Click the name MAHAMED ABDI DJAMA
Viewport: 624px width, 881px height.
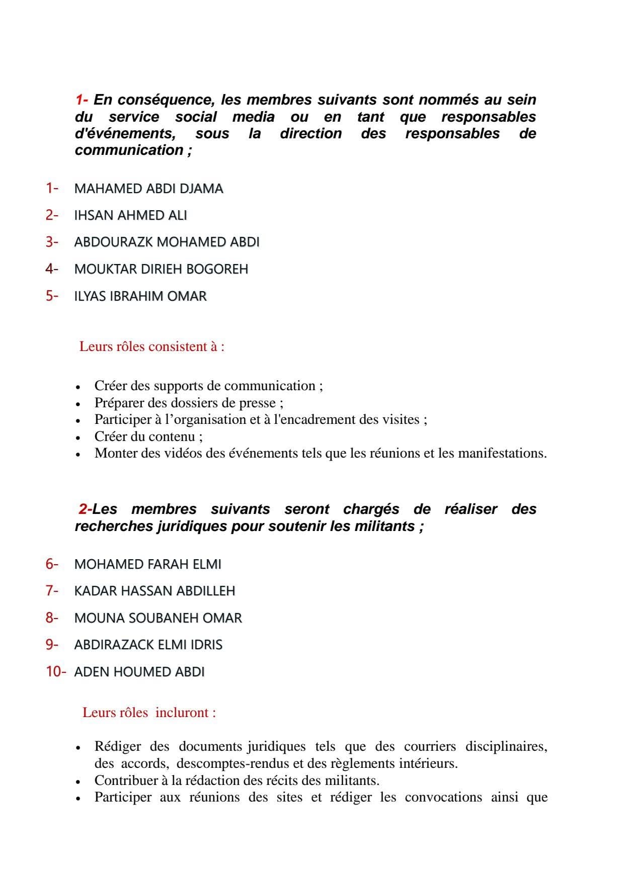pyautogui.click(x=148, y=189)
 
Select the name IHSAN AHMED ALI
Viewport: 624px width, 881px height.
pyautogui.click(x=130, y=215)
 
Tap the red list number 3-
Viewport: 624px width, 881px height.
pyautogui.click(x=52, y=242)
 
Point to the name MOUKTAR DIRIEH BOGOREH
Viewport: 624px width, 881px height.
pyautogui.click(x=161, y=269)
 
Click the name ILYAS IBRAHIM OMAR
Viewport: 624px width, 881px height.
pyautogui.click(x=140, y=296)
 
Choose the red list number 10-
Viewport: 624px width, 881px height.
pyautogui.click(x=55, y=671)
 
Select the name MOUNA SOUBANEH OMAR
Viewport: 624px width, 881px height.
pyautogui.click(x=158, y=618)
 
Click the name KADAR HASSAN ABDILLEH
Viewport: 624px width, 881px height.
pyautogui.click(x=154, y=591)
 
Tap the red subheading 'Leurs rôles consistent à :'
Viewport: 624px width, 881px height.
pyautogui.click(x=151, y=346)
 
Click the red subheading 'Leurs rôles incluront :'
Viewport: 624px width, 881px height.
pyautogui.click(x=149, y=713)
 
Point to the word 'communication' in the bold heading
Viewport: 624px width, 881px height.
pyautogui.click(x=129, y=150)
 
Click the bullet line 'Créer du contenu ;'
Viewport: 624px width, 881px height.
pyautogui.click(x=148, y=436)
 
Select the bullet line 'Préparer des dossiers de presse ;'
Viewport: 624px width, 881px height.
pyautogui.click(x=189, y=403)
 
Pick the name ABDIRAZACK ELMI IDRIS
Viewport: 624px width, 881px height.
pyautogui.click(x=148, y=645)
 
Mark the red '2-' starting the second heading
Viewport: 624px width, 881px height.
pyautogui.click(x=85, y=509)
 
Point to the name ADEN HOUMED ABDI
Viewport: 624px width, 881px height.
pyautogui.click(x=139, y=672)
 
